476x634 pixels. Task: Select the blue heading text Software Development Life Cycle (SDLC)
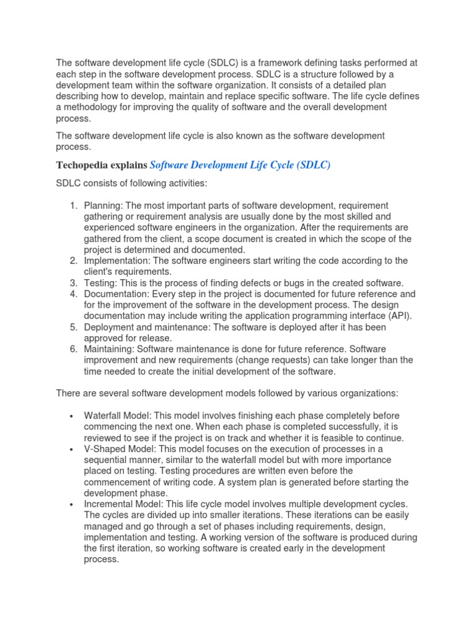[240, 165]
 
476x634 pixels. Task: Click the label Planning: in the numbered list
[104, 206]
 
